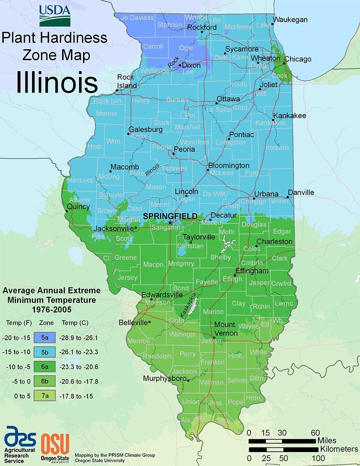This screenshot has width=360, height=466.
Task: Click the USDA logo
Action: point(54,16)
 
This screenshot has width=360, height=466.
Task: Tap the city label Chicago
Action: point(298,59)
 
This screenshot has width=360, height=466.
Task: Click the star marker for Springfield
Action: point(170,223)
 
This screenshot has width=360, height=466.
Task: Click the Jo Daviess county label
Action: point(137,18)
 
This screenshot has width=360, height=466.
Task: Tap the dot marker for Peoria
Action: point(174,154)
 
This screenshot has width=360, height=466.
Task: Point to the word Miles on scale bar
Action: point(327,440)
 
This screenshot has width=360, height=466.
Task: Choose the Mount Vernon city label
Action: point(226,329)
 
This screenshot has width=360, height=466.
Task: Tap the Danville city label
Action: point(301,192)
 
